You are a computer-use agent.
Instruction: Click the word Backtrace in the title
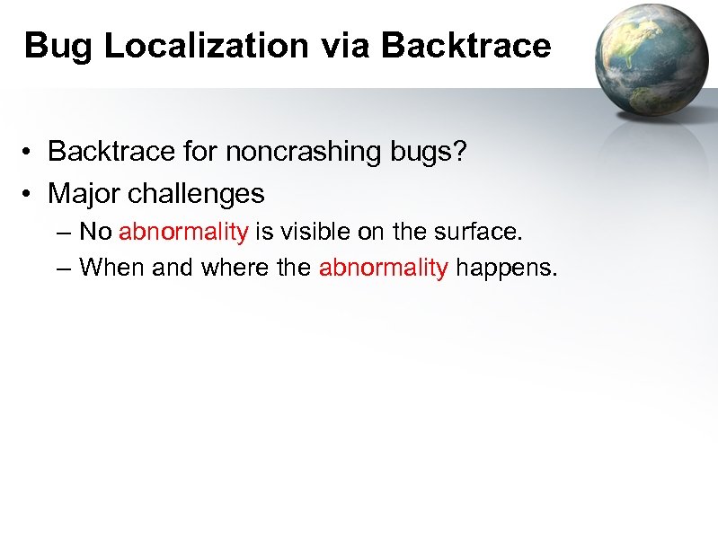(466, 46)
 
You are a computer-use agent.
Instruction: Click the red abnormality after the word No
(183, 232)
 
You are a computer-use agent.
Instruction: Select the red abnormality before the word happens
(384, 267)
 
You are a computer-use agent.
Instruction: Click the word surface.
(476, 232)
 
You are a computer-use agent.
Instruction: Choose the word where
(234, 267)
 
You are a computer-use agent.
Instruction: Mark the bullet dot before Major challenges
(31, 194)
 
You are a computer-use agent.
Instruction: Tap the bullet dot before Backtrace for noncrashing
(31, 153)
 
